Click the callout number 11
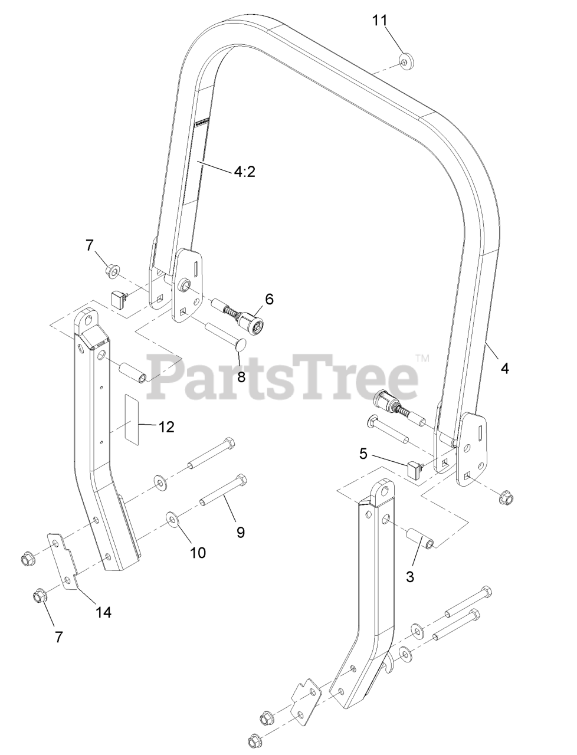[x=380, y=20]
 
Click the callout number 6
[x=269, y=298]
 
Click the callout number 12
[x=166, y=426]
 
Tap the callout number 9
[x=241, y=531]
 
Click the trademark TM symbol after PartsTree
[x=422, y=357]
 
